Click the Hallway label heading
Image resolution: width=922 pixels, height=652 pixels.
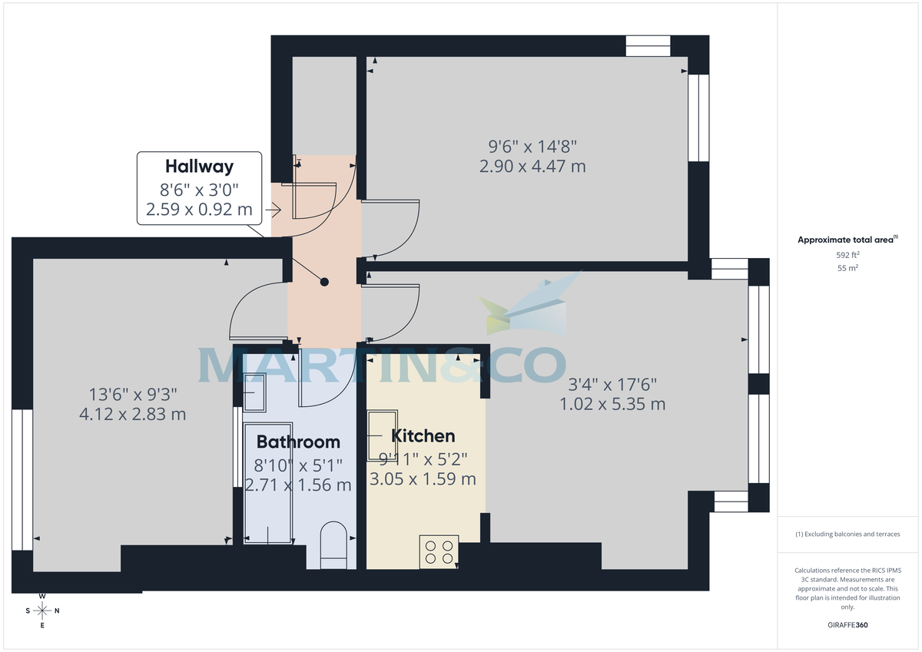[199, 166]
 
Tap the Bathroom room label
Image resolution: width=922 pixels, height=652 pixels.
[298, 442]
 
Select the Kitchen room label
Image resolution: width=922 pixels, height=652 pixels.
[423, 436]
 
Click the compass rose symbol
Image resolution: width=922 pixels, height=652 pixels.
[43, 611]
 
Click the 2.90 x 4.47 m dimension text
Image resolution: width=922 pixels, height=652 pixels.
[532, 166]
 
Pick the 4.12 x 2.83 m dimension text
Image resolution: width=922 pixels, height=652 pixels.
[133, 415]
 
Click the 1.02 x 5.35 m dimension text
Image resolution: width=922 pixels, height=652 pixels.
[612, 404]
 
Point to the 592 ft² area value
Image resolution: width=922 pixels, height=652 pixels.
[847, 254]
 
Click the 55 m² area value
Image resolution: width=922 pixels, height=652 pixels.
[847, 268]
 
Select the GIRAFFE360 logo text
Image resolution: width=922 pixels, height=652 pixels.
[847, 625]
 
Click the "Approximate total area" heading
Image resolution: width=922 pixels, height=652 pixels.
[845, 240]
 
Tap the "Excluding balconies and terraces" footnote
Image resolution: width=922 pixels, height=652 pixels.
[847, 534]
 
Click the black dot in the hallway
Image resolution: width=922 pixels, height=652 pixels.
[324, 282]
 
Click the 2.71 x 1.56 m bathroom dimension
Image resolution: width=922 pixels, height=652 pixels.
[298, 485]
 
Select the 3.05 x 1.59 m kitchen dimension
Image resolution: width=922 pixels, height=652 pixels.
[423, 479]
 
